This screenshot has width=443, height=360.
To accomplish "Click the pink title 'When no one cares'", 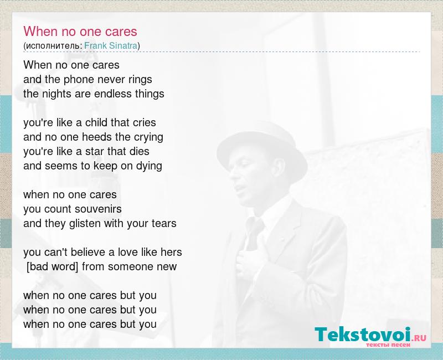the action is point(80,31).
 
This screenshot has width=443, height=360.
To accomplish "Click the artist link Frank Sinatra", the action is point(111,45).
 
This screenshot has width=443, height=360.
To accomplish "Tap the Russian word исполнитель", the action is point(53,46).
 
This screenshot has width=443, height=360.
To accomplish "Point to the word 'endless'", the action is point(113,94).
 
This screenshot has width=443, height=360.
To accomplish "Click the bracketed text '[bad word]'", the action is point(52,266).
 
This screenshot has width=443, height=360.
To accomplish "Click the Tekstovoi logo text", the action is point(363,335).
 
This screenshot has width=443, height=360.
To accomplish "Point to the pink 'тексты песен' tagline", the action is point(388,345).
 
